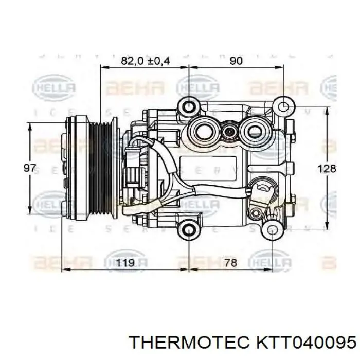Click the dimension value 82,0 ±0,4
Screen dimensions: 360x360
pyautogui.click(x=145, y=61)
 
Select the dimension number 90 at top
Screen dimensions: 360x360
pyautogui.click(x=236, y=61)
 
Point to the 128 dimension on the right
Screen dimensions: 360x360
pyautogui.click(x=327, y=169)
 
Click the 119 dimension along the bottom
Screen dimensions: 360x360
pyautogui.click(x=125, y=263)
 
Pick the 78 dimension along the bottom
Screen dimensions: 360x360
pyautogui.click(x=231, y=263)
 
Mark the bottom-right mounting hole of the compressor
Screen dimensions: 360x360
pyautogui.click(x=271, y=229)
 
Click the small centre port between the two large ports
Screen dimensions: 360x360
pyautogui.click(x=229, y=132)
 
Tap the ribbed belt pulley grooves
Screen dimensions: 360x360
pyautogui.click(x=102, y=167)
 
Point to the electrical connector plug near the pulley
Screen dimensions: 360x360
pyautogui.click(x=132, y=162)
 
